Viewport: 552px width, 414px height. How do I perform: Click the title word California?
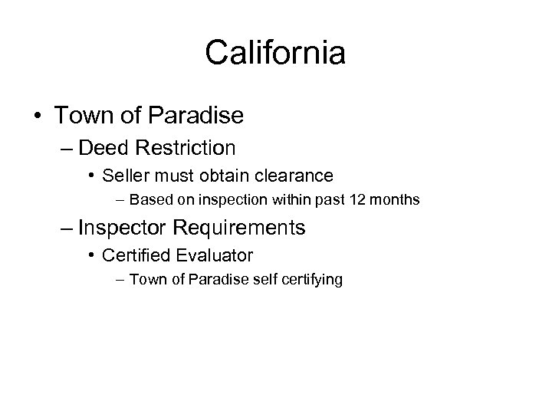tap(276, 53)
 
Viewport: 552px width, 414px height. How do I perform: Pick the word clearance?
tap(295, 176)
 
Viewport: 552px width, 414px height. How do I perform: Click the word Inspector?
tap(124, 228)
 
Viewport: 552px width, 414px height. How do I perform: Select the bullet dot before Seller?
tap(92, 176)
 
